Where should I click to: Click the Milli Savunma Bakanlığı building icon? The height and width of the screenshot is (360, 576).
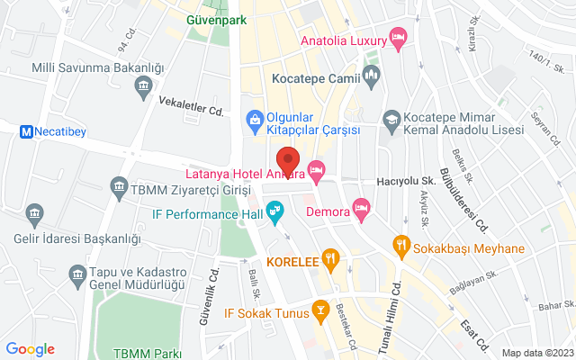[x=143, y=86]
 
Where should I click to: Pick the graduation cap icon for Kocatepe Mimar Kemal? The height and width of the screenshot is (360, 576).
[x=391, y=119]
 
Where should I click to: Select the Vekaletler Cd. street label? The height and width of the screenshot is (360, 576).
[x=192, y=111]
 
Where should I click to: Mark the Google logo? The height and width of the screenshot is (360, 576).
[x=31, y=349]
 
